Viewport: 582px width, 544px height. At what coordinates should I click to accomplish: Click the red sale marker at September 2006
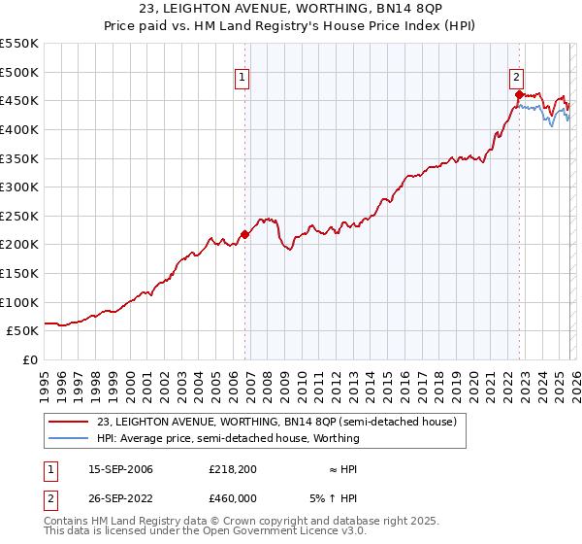(x=244, y=233)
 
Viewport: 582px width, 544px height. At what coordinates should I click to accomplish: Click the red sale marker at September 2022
(x=519, y=94)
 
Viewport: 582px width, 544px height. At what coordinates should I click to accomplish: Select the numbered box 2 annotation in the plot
(x=516, y=79)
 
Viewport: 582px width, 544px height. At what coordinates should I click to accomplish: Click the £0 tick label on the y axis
(x=30, y=359)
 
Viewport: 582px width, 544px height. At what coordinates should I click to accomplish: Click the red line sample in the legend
(x=69, y=422)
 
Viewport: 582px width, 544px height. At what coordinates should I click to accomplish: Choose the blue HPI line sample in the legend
(x=69, y=438)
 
